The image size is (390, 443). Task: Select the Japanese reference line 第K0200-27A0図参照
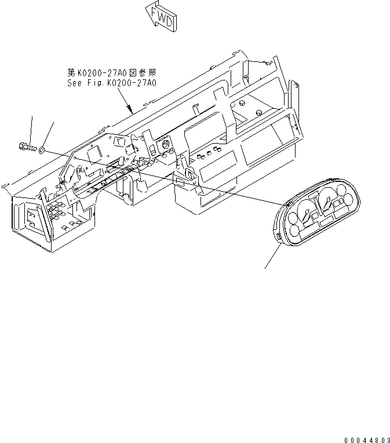[112, 73]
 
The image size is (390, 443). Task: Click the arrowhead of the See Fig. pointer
[131, 110]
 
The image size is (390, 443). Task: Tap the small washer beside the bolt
[41, 150]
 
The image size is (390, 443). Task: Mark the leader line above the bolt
[30, 129]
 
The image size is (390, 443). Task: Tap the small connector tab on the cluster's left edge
[279, 236]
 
